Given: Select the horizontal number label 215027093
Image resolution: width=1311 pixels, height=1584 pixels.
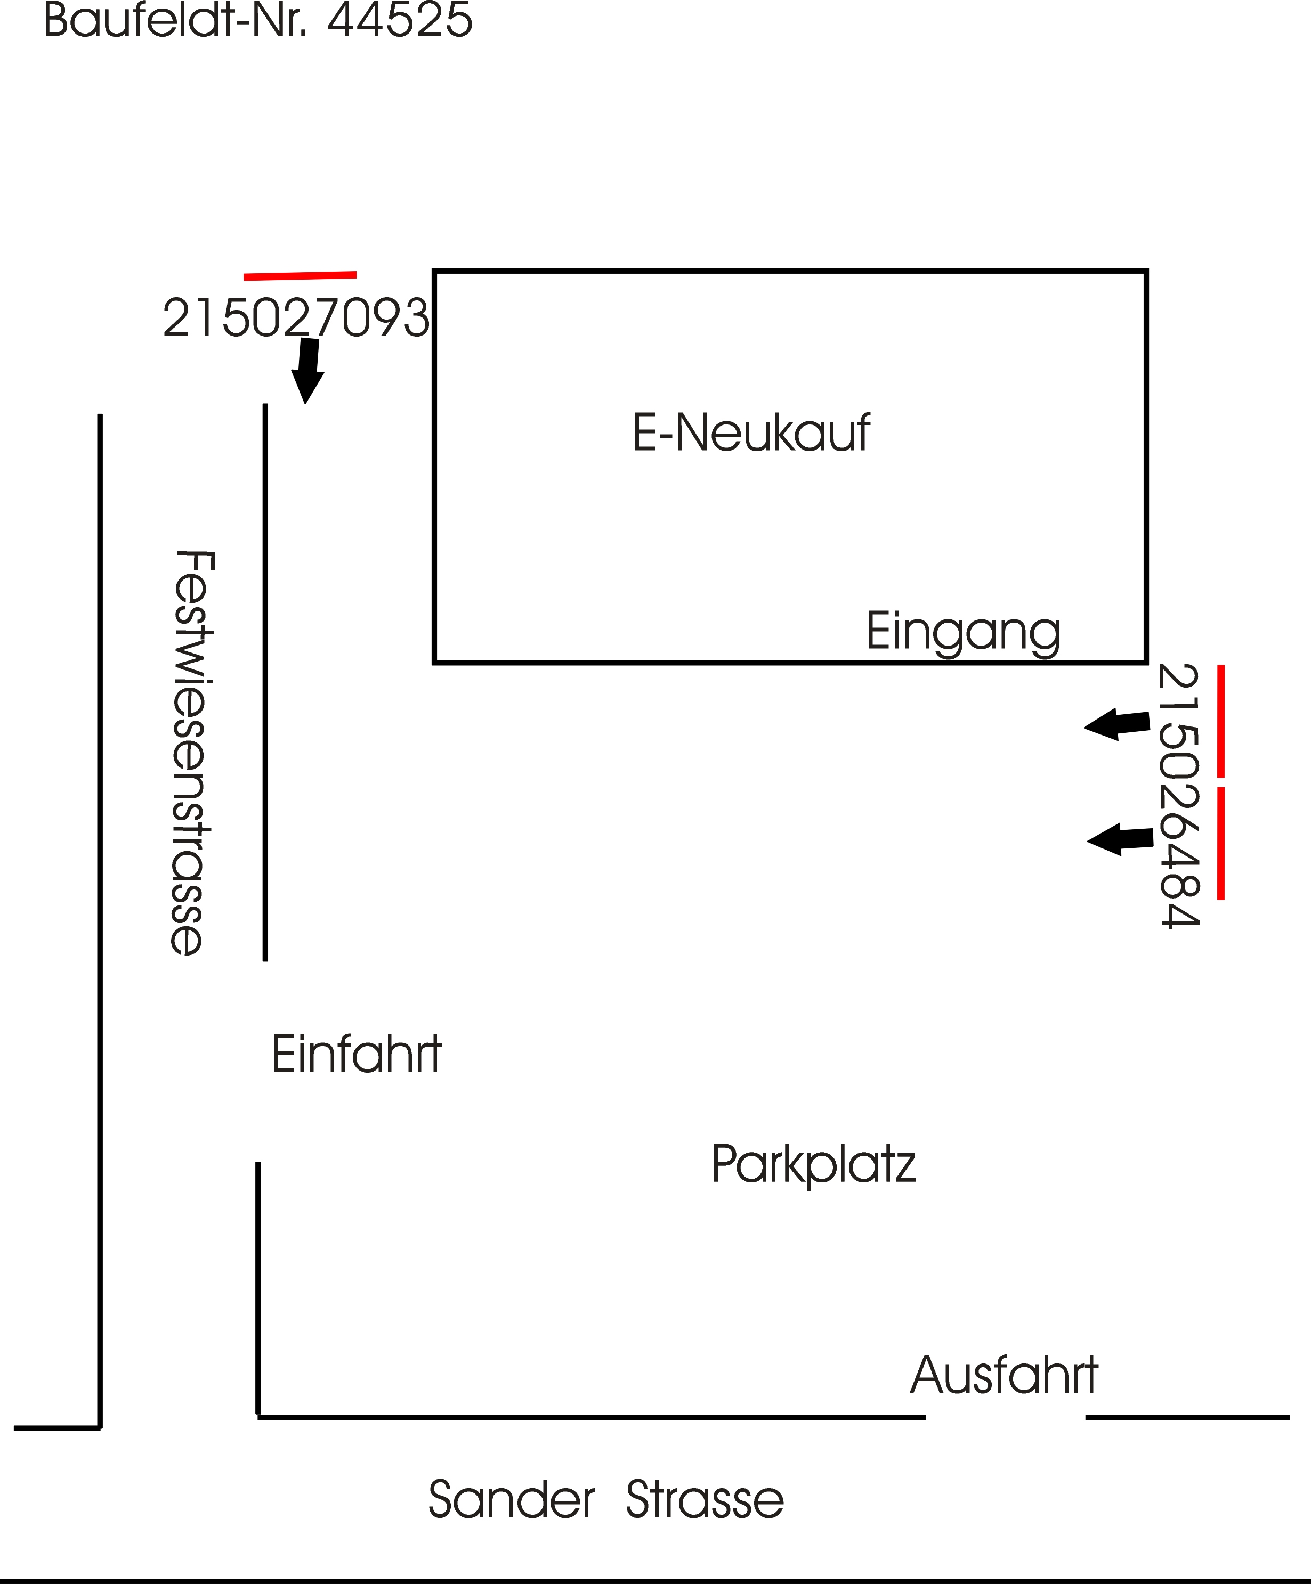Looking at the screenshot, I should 295,319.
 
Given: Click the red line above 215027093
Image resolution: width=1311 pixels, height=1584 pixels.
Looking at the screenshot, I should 300,276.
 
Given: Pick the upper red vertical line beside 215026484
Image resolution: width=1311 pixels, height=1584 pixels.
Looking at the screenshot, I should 1220,721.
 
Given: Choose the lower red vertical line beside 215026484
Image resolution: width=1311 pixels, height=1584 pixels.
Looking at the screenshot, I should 1220,843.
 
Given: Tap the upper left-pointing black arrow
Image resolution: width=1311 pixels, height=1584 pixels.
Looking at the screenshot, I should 1116,724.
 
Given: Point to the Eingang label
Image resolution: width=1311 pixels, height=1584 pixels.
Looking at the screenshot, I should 963,632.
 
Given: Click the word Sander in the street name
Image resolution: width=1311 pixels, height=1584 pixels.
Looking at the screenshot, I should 511,1499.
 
